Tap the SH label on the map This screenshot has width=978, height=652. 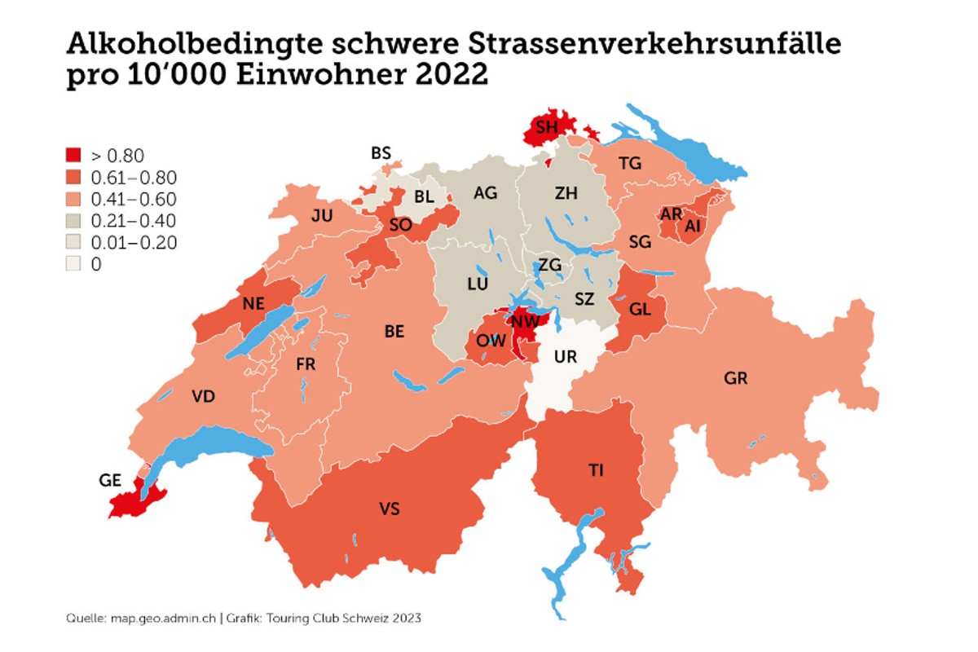point(547,126)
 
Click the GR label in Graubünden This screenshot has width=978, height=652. point(735,378)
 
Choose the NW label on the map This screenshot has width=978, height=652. point(523,320)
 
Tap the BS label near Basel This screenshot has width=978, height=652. point(381,152)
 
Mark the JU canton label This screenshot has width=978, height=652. point(322,216)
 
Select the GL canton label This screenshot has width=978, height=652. point(641,309)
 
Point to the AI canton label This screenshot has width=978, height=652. point(693,227)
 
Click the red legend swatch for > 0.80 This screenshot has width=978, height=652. point(73,156)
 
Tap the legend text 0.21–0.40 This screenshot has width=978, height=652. point(133,221)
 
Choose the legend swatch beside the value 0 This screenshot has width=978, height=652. point(73,264)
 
